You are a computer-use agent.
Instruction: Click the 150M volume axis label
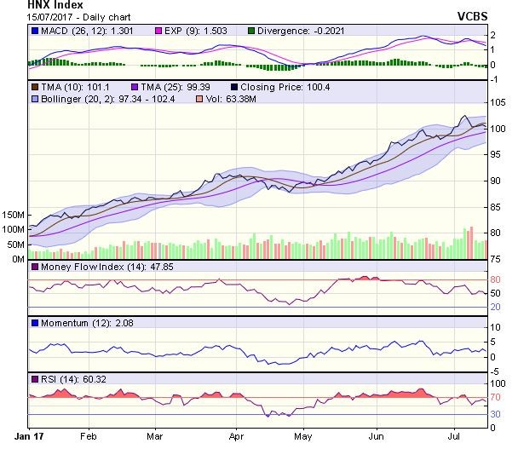tap(13, 215)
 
